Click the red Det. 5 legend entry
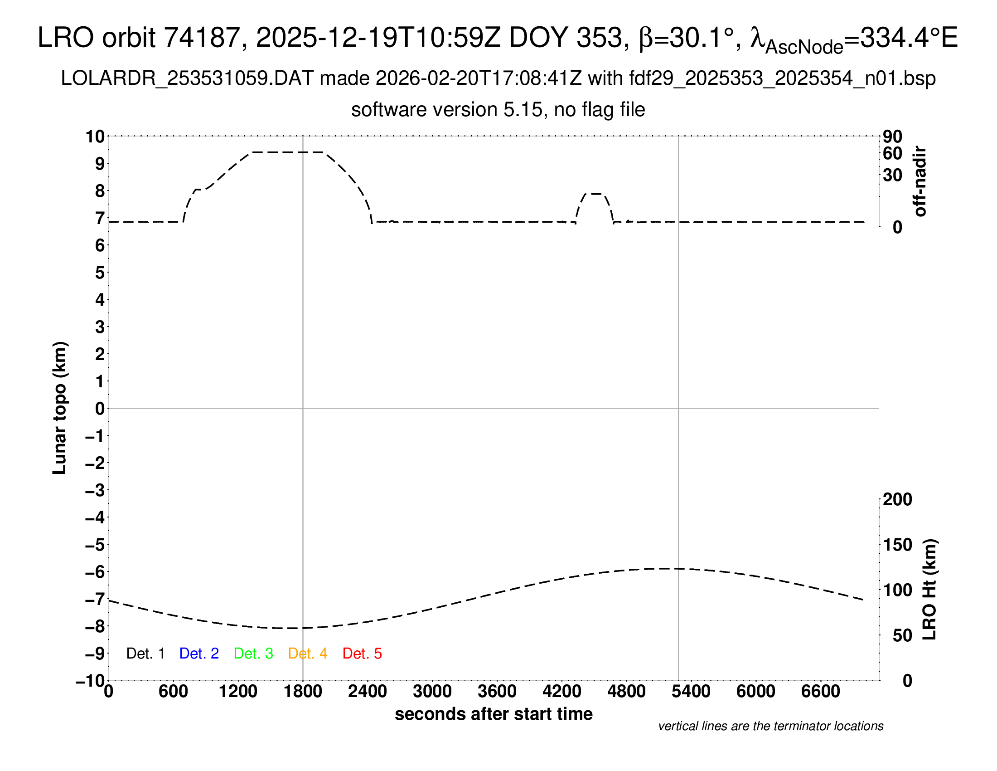[x=362, y=654]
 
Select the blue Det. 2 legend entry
[x=199, y=654]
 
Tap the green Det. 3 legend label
[x=253, y=654]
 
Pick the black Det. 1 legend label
[x=145, y=654]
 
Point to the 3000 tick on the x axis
[x=432, y=692]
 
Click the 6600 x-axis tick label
[x=820, y=692]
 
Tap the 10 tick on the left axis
[x=96, y=137]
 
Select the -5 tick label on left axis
[x=96, y=545]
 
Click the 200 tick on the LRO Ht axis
[x=897, y=499]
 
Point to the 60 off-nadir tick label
[x=892, y=153]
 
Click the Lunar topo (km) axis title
[x=60, y=408]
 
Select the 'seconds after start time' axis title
[x=494, y=714]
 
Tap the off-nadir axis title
[x=920, y=181]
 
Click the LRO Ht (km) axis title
[x=929, y=590]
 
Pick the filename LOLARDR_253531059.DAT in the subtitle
[x=187, y=78]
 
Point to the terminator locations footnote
[x=770, y=726]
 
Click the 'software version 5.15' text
[x=447, y=110]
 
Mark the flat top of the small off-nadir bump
[x=595, y=194]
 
